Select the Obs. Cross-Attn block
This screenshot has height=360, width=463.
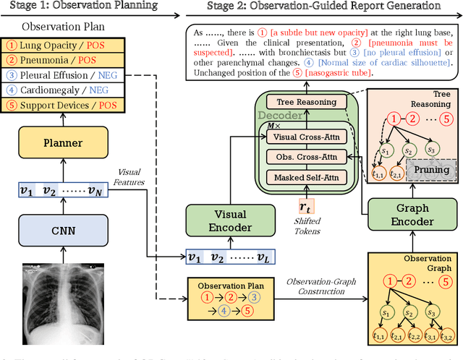tap(305, 157)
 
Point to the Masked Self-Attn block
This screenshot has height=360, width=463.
tap(305, 177)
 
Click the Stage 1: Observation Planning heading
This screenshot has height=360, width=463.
tap(79, 7)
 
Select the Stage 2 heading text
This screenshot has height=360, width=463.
tap(323, 7)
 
